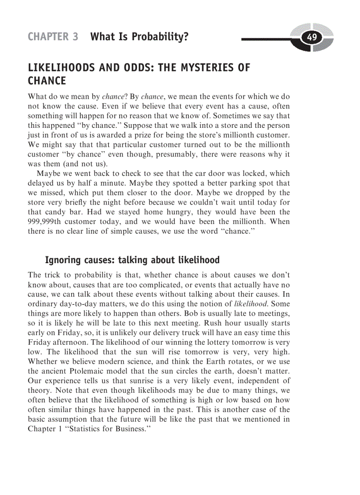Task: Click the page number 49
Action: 312,37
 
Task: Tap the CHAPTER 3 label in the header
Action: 53,37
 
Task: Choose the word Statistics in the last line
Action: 85,428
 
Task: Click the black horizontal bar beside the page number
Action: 269,40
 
